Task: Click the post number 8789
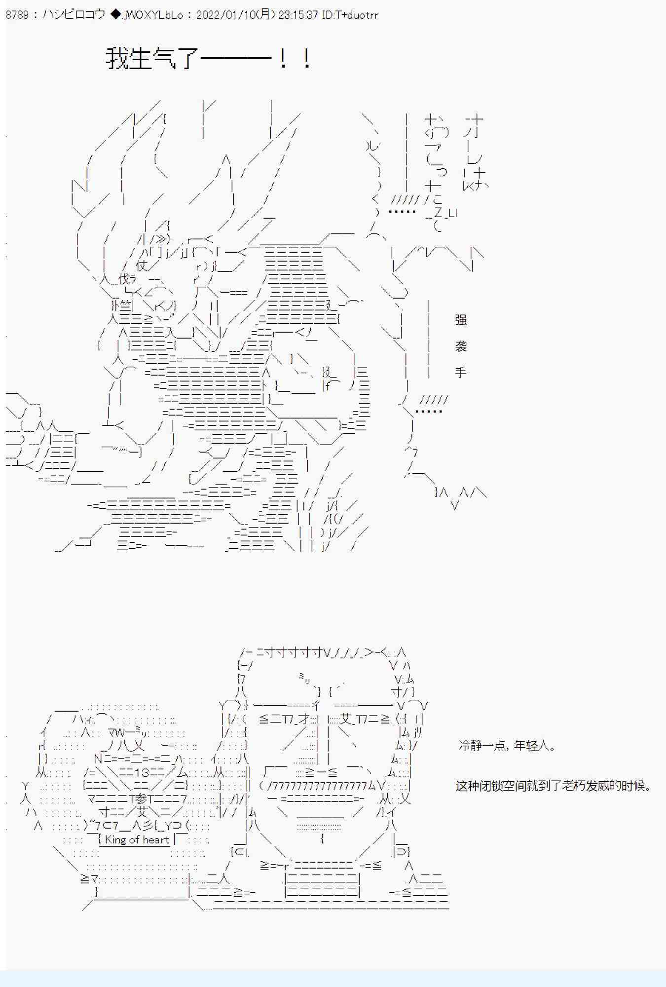point(17,15)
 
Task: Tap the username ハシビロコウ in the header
point(74,15)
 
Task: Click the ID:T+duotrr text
point(350,15)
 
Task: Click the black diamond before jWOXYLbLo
point(115,15)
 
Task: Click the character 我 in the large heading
point(117,59)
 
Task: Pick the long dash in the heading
point(236,59)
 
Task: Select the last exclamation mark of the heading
point(307,59)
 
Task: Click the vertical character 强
point(461,320)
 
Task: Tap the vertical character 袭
point(461,346)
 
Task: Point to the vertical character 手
point(461,372)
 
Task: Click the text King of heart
point(137,839)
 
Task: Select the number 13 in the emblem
point(143,773)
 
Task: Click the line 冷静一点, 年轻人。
point(507,745)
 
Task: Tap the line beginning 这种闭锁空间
point(553,785)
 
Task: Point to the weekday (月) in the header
point(265,15)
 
